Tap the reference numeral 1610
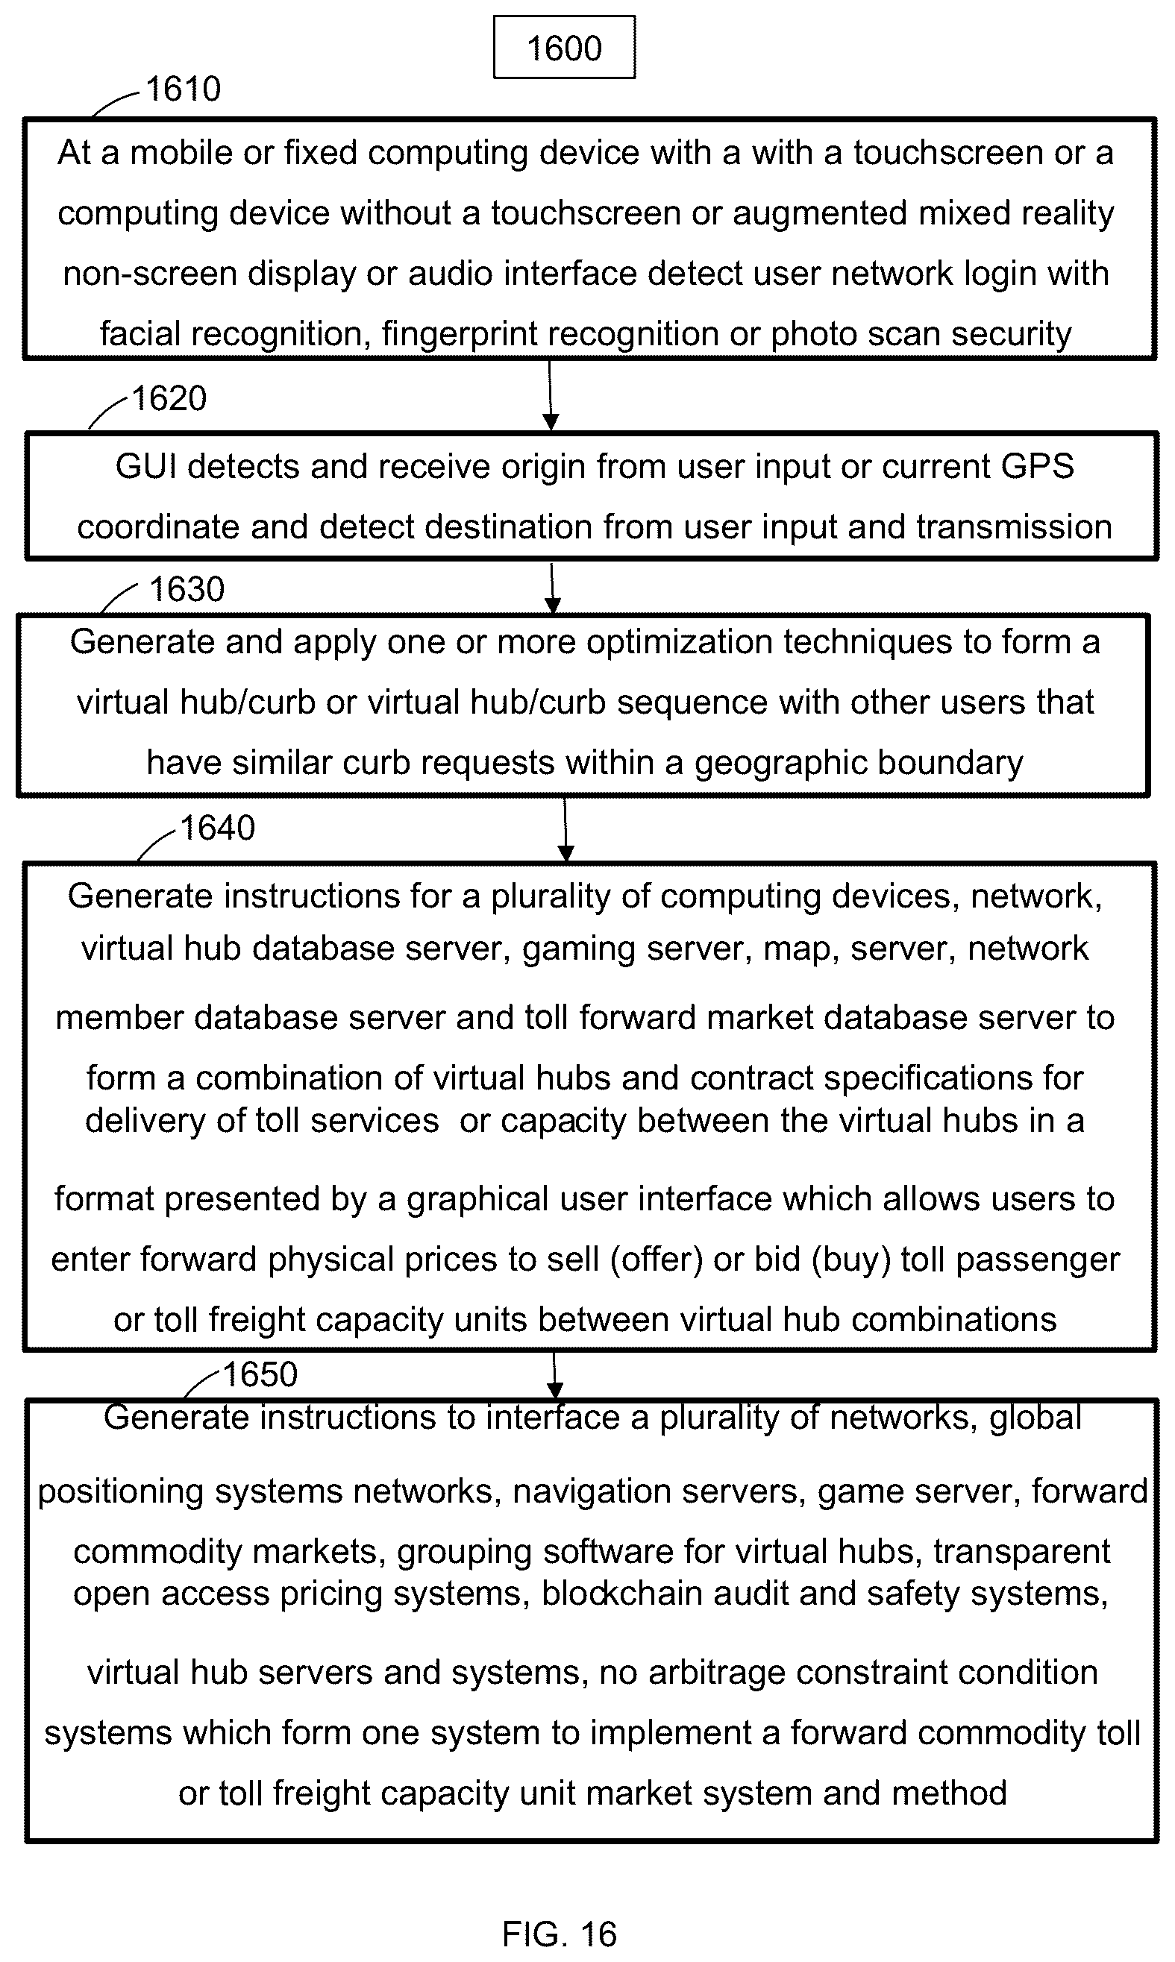click(x=184, y=89)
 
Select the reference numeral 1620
click(x=169, y=398)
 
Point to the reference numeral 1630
click(x=187, y=589)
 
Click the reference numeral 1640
click(x=218, y=828)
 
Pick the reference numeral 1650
click(x=260, y=1374)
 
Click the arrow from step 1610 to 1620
click(x=551, y=395)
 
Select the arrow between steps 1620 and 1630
click(x=552, y=587)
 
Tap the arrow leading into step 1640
click(x=565, y=828)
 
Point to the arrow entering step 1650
click(x=554, y=1376)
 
